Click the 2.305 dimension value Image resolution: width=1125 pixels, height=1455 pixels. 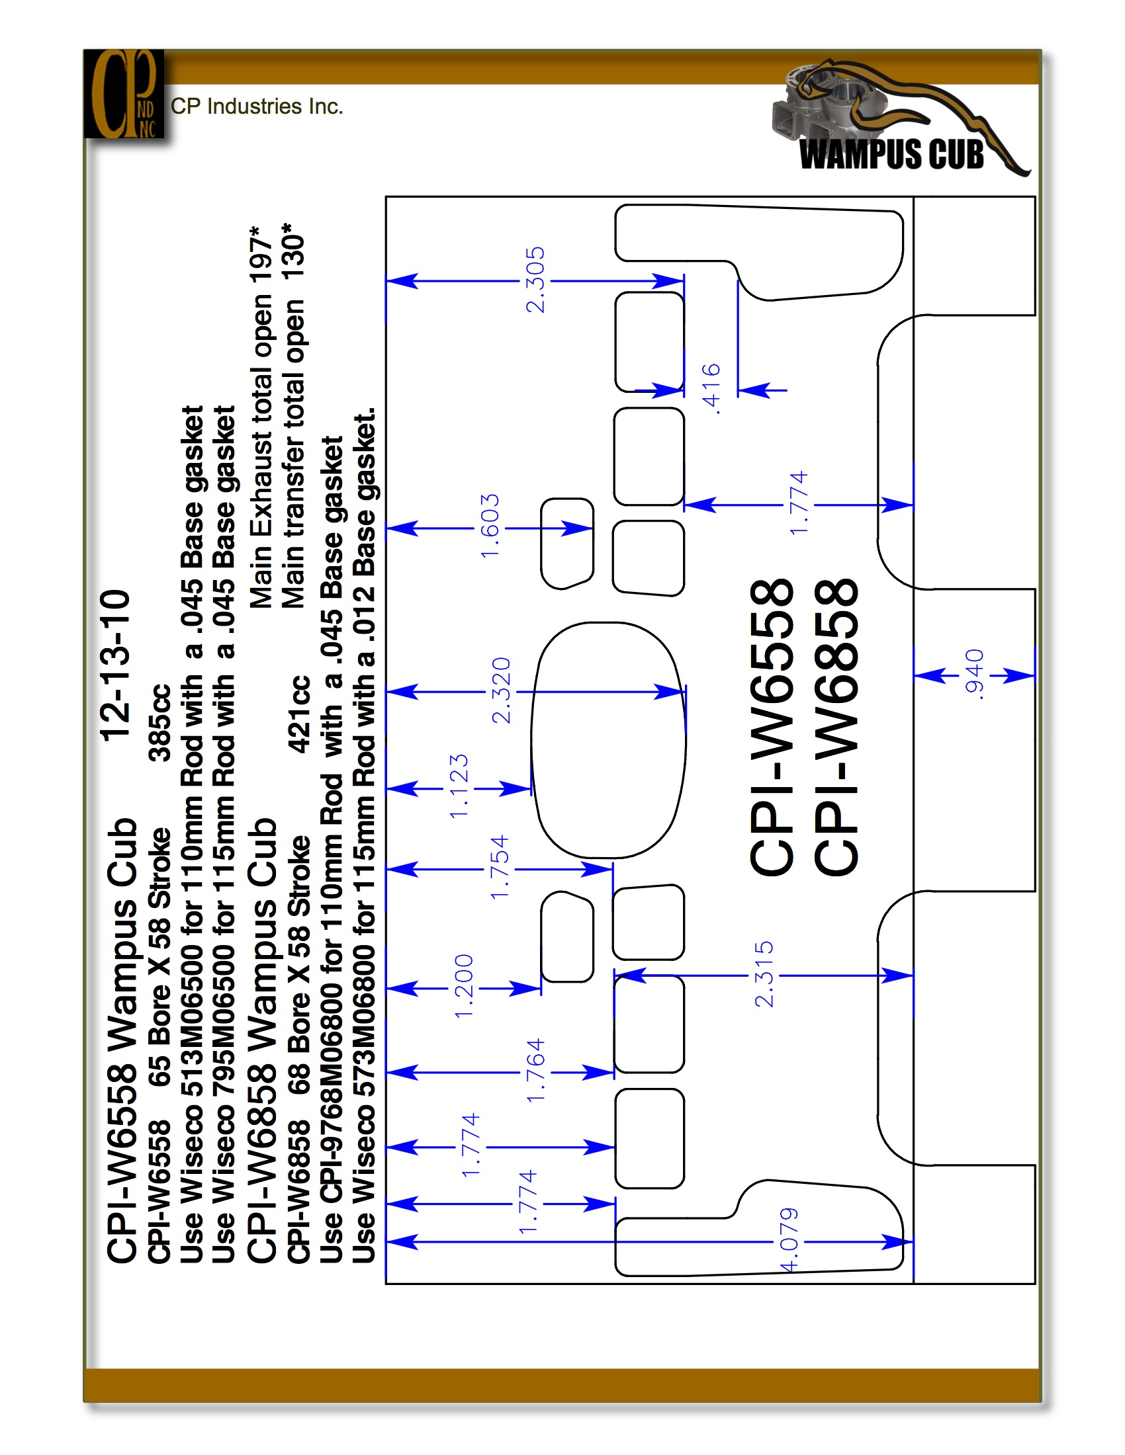535,280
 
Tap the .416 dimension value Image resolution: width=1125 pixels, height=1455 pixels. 711,389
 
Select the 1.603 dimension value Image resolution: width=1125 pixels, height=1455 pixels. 490,526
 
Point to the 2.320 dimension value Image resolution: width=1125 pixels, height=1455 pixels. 500,690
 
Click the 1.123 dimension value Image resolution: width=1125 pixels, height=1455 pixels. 459,786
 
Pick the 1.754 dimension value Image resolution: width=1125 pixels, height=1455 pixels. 499,868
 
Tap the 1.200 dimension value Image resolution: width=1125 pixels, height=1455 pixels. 463,986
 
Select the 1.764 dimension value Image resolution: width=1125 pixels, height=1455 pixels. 535,1071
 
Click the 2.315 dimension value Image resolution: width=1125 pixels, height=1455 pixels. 764,974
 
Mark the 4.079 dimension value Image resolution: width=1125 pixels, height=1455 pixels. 789,1240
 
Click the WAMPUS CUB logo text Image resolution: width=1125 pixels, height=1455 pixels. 892,154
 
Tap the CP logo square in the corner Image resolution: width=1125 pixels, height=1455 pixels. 124,94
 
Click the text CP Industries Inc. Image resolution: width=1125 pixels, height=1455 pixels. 257,106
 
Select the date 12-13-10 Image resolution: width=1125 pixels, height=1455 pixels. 115,664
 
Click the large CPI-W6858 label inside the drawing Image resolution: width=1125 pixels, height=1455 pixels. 836,726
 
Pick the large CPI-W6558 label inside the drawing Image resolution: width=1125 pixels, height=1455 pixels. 772,726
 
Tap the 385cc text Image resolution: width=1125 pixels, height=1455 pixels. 160,722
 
